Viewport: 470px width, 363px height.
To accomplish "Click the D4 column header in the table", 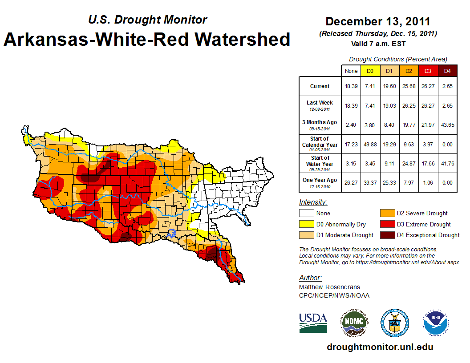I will pos(447,71).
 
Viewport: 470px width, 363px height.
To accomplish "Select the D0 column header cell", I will pos(370,71).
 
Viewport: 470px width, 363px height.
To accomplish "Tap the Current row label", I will pos(320,86).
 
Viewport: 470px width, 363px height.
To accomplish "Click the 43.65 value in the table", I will pos(447,125).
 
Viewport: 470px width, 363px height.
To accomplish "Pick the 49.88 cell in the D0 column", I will pos(370,145).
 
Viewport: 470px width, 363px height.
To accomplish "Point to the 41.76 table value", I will pos(447,163).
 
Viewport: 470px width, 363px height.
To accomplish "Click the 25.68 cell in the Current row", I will pos(409,86).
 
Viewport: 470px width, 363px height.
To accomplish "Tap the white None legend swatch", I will pos(306,214).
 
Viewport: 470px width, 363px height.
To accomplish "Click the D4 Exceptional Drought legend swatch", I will pos(386,235).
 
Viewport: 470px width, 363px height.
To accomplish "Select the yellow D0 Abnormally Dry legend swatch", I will pos(306,224).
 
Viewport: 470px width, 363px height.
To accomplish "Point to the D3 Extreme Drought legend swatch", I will pos(386,224).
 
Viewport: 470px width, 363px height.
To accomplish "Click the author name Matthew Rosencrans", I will pos(329,287).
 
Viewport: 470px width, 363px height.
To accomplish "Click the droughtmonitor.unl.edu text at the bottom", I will pos(380,347).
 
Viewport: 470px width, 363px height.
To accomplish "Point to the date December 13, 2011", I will pos(378,21).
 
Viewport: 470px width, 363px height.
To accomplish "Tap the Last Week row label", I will pos(320,105).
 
